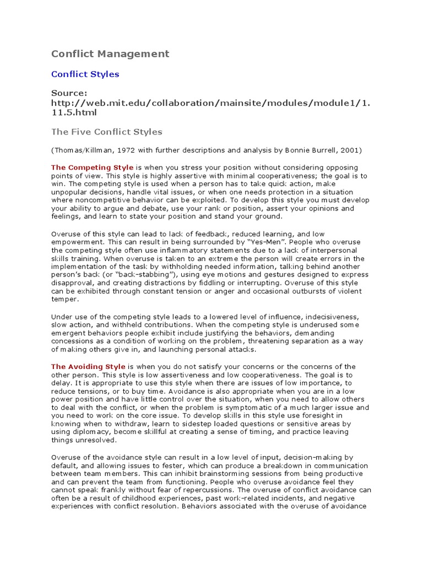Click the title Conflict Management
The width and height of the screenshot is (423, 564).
[110, 53]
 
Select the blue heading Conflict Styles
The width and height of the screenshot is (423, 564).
[85, 74]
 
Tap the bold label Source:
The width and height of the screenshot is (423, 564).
[69, 93]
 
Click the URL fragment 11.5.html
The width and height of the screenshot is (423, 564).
[73, 112]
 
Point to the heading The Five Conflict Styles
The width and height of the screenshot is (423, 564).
[106, 132]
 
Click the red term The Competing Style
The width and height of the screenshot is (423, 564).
[92, 167]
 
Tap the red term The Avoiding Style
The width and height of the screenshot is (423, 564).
[88, 366]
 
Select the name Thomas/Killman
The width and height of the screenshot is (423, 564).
[80, 150]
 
